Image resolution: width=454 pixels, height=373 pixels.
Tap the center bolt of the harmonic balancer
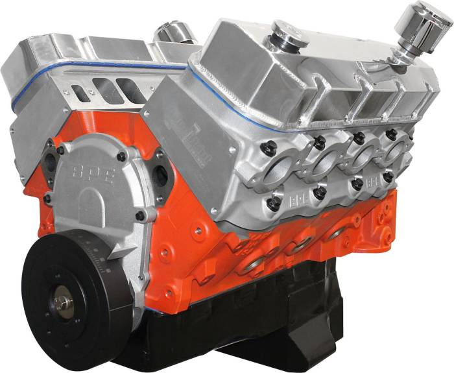[x=62, y=302]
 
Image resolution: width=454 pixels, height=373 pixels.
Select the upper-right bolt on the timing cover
[x=121, y=156]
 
